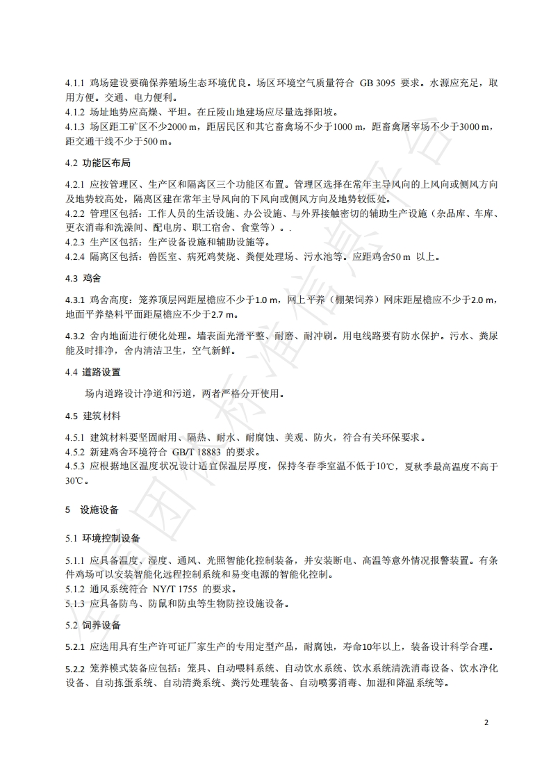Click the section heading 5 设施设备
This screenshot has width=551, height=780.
click(92, 509)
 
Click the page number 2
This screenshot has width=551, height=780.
click(486, 722)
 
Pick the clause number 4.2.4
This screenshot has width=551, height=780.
click(74, 257)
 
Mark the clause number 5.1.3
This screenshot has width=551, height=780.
click(74, 603)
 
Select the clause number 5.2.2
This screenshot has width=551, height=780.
click(74, 668)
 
